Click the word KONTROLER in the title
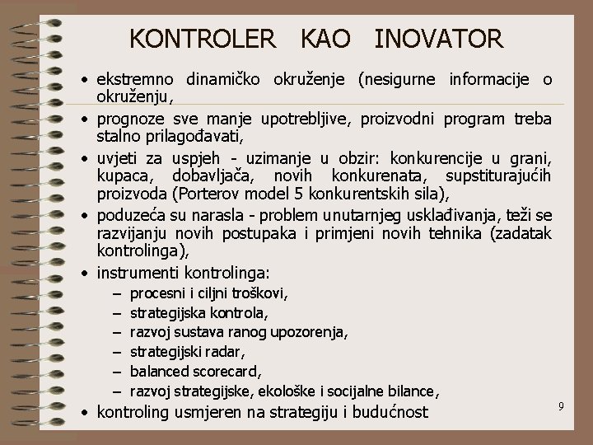(x=203, y=38)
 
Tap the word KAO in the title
(x=325, y=38)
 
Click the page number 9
(x=560, y=405)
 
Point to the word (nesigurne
(x=399, y=80)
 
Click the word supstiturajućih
(x=497, y=175)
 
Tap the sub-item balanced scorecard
(x=196, y=371)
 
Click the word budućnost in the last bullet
(x=387, y=411)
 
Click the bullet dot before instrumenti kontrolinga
(x=86, y=272)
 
